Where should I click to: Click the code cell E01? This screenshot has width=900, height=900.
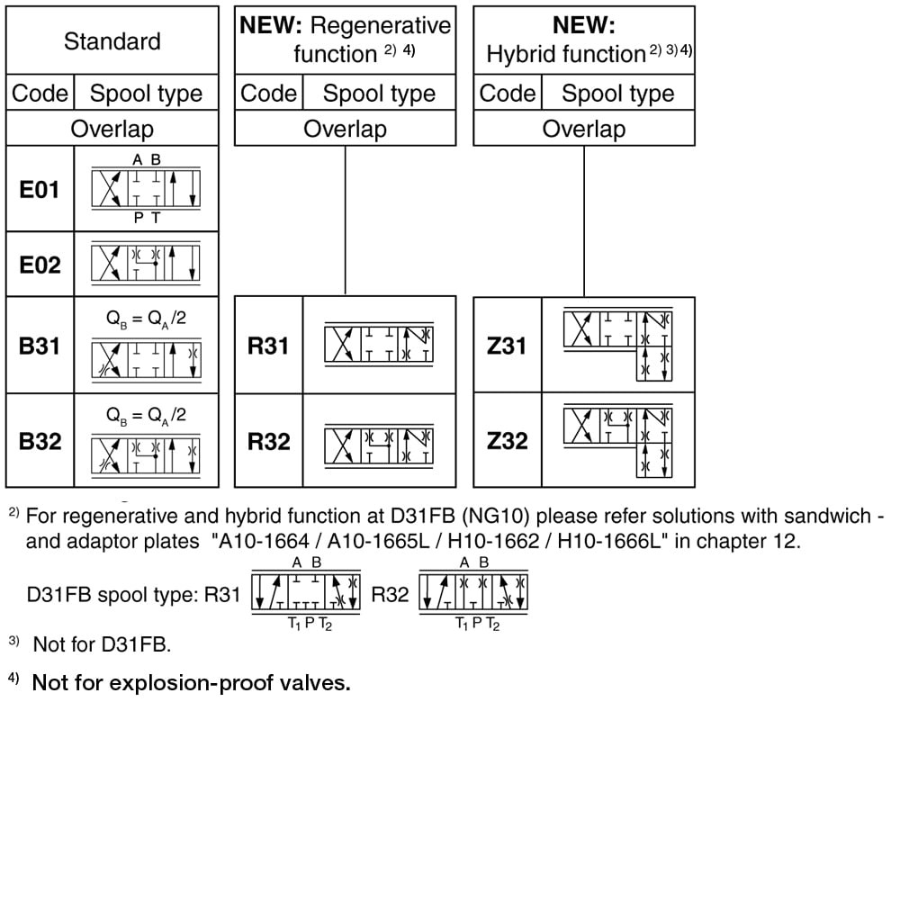tap(40, 189)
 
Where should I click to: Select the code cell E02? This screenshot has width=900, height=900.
tap(40, 265)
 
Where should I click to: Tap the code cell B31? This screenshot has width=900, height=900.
tap(40, 346)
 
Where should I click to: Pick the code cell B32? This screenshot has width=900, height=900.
tap(40, 441)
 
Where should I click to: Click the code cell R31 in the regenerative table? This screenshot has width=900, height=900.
tap(268, 346)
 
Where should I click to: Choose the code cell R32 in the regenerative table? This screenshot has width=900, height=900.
tap(268, 441)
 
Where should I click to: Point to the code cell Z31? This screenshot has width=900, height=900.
tap(507, 346)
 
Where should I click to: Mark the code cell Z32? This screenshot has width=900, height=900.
tap(507, 441)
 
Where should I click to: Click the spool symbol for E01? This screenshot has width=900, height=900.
tap(146, 189)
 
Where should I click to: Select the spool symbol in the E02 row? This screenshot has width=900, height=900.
tap(146, 264)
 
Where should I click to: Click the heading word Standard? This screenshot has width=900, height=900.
tap(112, 41)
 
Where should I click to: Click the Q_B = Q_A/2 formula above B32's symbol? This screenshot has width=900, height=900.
tap(146, 415)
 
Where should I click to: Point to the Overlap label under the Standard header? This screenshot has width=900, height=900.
tap(112, 129)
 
